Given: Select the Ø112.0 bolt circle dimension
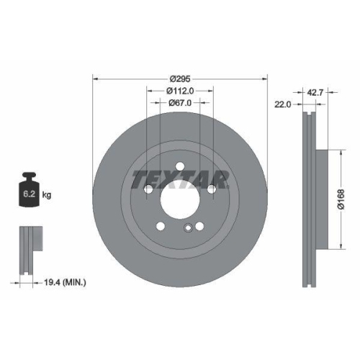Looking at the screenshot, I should coord(181,91).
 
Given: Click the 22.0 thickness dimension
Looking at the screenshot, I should coord(282,104).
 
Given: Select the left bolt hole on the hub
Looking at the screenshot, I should coord(148,189).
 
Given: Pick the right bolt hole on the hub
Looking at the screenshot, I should coord(212,189).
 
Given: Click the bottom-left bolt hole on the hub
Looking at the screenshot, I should coord(161,225).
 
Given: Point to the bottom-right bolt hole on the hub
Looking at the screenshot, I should coord(199,225).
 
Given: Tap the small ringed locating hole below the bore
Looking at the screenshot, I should coord(187,230).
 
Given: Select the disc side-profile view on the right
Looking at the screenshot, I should coord(310,198).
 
